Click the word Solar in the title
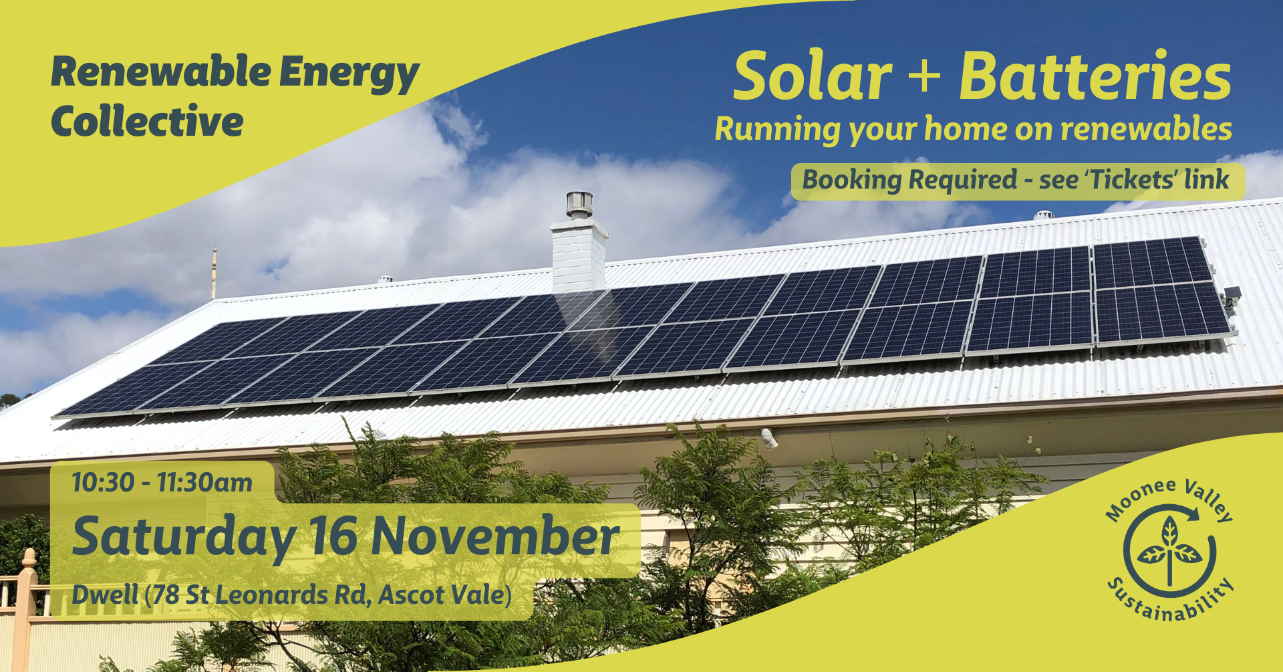tap(813, 77)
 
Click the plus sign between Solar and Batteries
tap(925, 77)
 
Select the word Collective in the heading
tap(147, 122)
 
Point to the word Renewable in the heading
tap(161, 72)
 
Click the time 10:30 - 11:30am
tap(162, 482)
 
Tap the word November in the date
tap(495, 536)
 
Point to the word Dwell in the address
tap(105, 594)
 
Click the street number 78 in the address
tap(166, 594)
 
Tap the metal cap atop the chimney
tap(579, 204)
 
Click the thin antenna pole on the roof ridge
tap(214, 274)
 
